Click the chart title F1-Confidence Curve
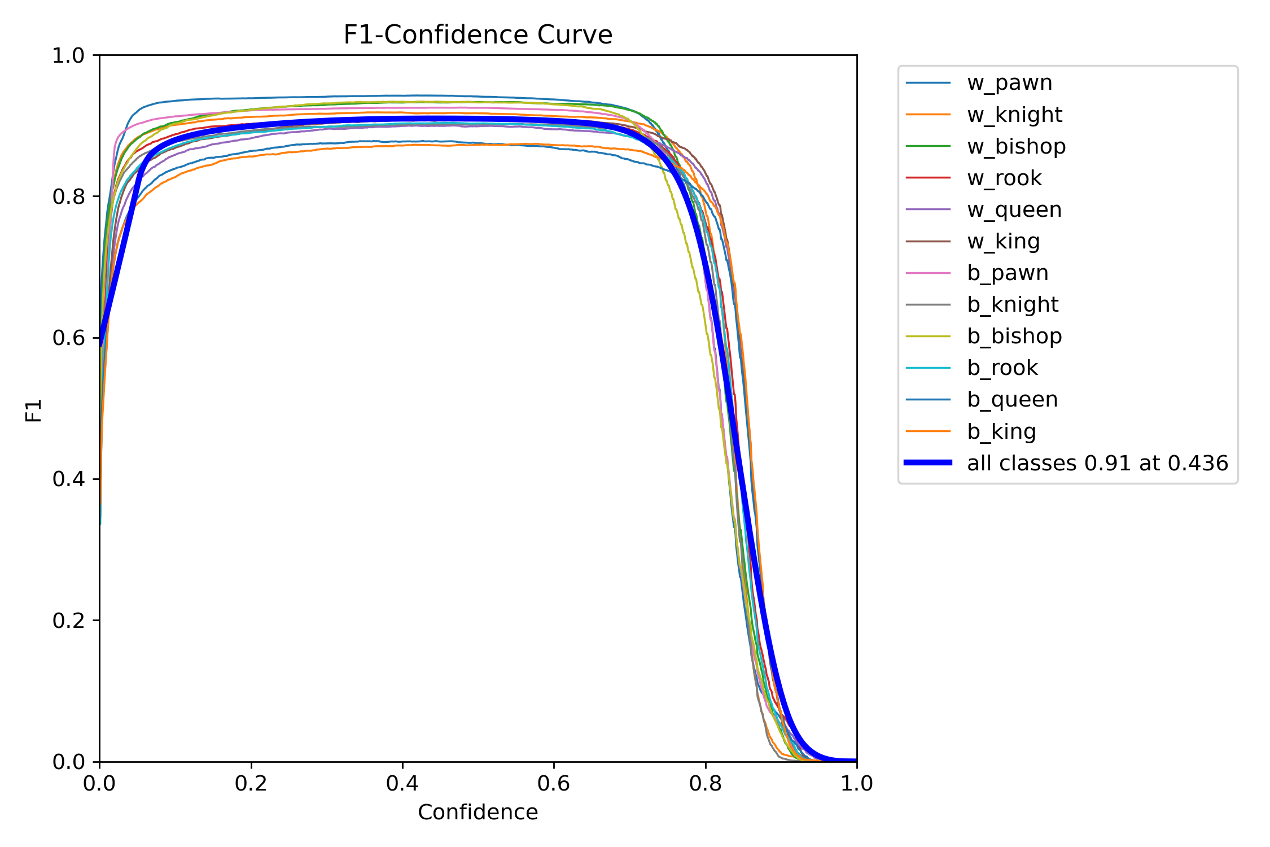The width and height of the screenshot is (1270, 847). tap(478, 35)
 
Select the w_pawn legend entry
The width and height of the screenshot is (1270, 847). tap(1009, 83)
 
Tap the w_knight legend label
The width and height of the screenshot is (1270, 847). tap(1014, 115)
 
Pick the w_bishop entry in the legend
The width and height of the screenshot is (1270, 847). tap(1016, 146)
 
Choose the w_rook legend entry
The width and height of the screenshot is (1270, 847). tap(1004, 178)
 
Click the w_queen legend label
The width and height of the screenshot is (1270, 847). tap(1014, 209)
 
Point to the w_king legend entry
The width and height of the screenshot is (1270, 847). tap(1003, 241)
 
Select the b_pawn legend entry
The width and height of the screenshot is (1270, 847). tap(1008, 273)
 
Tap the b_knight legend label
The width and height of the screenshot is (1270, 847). tap(1013, 304)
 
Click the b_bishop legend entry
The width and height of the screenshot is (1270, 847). tap(1014, 336)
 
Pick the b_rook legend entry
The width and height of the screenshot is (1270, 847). tap(1002, 368)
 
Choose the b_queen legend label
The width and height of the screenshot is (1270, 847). tap(1012, 399)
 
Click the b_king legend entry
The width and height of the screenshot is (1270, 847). tap(1001, 431)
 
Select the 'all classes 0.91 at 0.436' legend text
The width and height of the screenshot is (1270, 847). tap(1097, 463)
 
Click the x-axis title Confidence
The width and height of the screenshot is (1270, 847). tap(478, 812)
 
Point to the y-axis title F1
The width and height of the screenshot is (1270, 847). tap(34, 410)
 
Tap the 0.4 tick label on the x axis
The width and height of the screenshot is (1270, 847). tap(402, 783)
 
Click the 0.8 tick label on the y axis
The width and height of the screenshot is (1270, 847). tap(68, 197)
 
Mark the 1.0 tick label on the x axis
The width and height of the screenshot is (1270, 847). tap(856, 783)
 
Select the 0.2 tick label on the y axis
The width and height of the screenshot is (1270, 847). tap(68, 621)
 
